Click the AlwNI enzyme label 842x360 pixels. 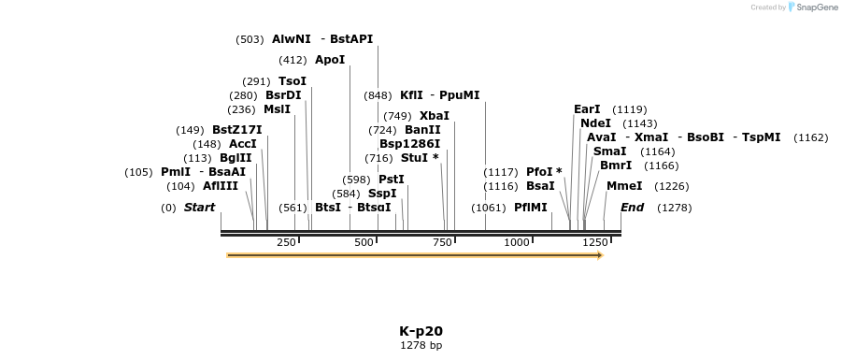click(291, 39)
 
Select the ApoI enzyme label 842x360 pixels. click(330, 60)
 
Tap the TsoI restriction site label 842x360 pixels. click(293, 81)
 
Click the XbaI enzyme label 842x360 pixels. click(435, 116)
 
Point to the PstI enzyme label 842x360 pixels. click(392, 180)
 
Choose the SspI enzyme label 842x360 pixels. click(382, 194)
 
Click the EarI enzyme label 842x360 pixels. click(587, 109)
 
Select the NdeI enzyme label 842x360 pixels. click(595, 123)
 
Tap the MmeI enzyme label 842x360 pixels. click(624, 186)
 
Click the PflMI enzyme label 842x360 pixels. click(531, 208)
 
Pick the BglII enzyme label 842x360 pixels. click(235, 158)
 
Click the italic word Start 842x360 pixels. click(199, 208)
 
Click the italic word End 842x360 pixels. click(633, 208)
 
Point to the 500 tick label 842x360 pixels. click(364, 242)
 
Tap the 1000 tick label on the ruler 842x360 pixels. click(517, 242)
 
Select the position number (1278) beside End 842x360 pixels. click(674, 208)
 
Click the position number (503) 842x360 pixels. click(250, 39)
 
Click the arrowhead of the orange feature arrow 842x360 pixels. click(601, 254)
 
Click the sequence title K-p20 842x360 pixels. click(421, 331)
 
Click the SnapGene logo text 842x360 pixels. click(816, 7)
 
